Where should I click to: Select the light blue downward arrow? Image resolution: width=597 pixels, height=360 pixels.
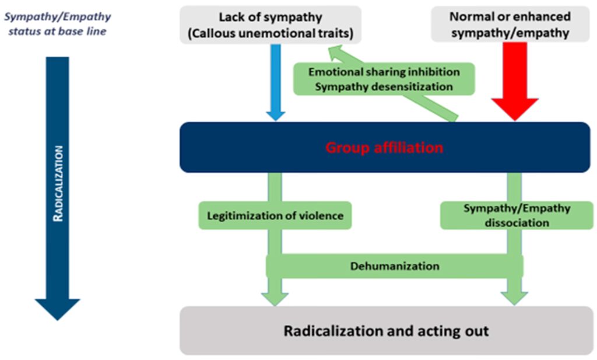(275, 82)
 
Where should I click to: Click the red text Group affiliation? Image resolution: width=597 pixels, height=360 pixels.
(384, 148)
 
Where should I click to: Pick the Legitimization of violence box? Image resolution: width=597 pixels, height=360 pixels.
(276, 216)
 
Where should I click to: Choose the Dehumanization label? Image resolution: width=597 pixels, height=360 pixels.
(395, 266)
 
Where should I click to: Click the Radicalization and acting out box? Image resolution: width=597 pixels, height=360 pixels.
(386, 331)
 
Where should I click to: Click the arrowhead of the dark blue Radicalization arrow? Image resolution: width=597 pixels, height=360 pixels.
(57, 308)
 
